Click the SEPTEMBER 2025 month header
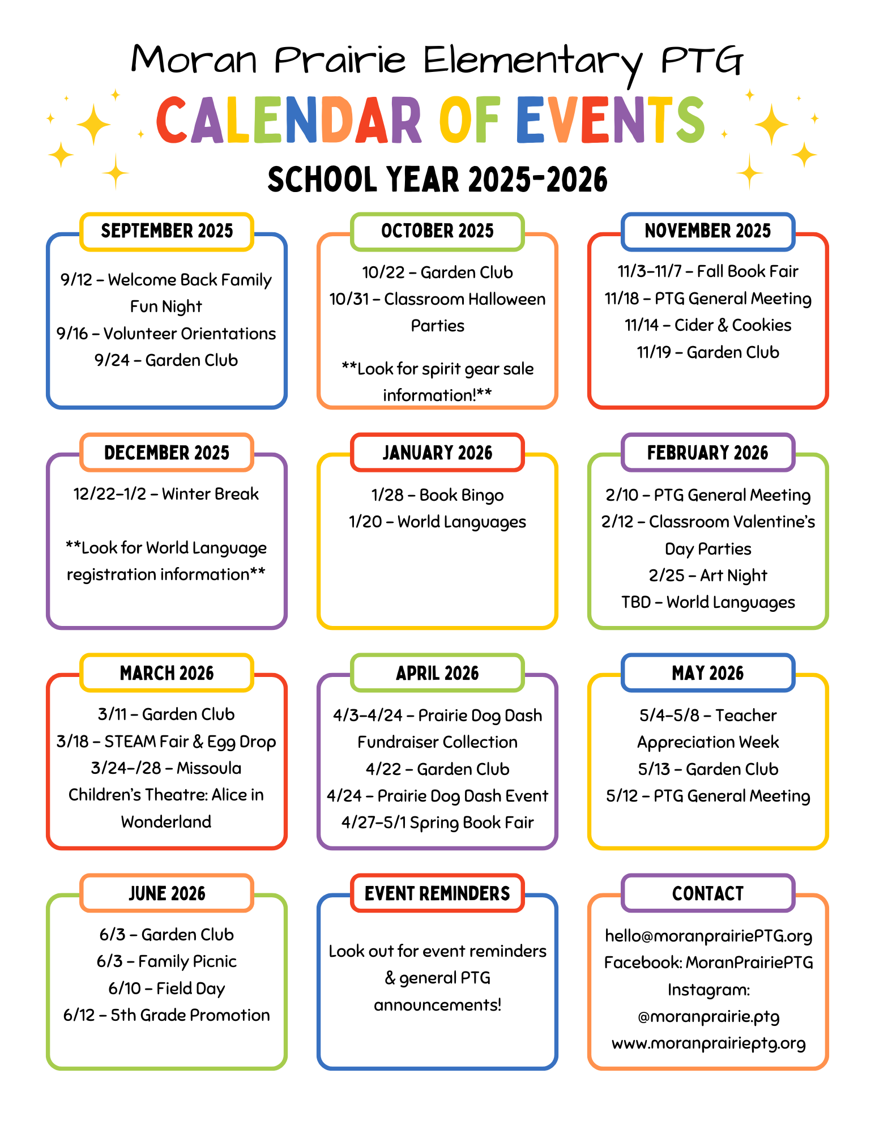tap(167, 231)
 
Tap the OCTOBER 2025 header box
tap(437, 231)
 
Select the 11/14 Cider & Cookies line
tap(707, 325)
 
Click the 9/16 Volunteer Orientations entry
tap(166, 334)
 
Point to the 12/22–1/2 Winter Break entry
tap(166, 494)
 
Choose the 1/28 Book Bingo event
tap(437, 495)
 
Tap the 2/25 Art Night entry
tap(707, 576)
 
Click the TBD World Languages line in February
tap(707, 602)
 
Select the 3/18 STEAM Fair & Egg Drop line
tap(166, 742)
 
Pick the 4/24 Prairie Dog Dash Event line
tap(437, 796)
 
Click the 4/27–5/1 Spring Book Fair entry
tap(437, 823)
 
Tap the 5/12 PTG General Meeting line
tap(707, 796)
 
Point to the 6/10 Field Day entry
tap(167, 989)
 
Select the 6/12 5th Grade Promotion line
tap(167, 1015)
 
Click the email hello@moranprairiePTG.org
tap(708, 936)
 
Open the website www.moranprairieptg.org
tap(708, 1043)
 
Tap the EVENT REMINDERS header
tap(437, 893)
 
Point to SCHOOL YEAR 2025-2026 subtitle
tap(437, 180)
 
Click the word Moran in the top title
tap(194, 60)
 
